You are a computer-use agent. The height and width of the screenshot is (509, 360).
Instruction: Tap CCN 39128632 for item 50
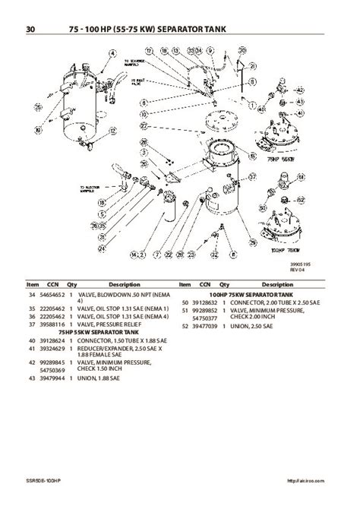204,302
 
